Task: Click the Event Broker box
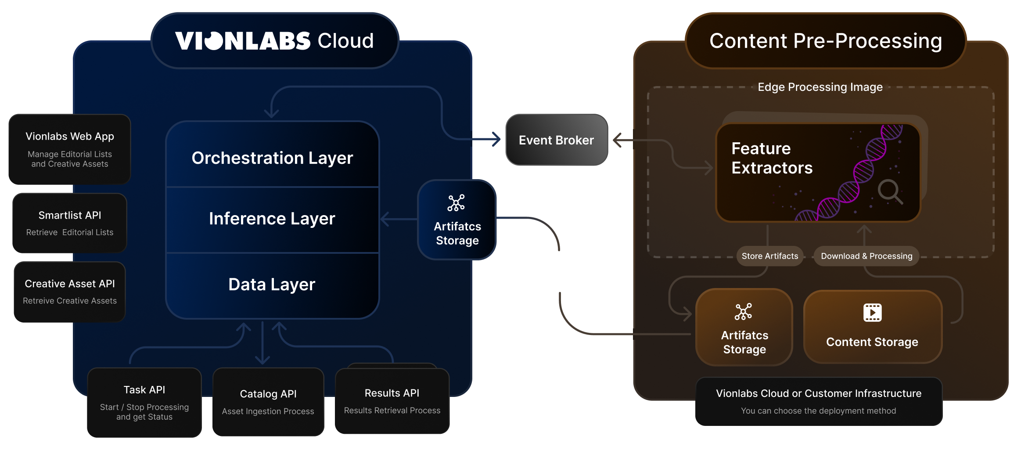pyautogui.click(x=556, y=140)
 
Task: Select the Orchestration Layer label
pyautogui.click(x=272, y=158)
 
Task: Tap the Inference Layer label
pyautogui.click(x=272, y=218)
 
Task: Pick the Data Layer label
pyautogui.click(x=272, y=285)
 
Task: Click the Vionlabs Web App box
pyautogui.click(x=70, y=149)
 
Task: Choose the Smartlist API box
pyautogui.click(x=70, y=223)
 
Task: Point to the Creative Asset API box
pyautogui.click(x=70, y=292)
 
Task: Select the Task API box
pyautogui.click(x=144, y=402)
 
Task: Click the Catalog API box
pyautogui.click(x=268, y=402)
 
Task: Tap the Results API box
pyautogui.click(x=392, y=401)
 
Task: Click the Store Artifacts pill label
pyautogui.click(x=770, y=256)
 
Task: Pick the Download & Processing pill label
pyautogui.click(x=866, y=256)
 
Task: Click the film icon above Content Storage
pyautogui.click(x=872, y=313)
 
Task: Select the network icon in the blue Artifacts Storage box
pyautogui.click(x=456, y=203)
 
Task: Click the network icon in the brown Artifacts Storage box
pyautogui.click(x=743, y=312)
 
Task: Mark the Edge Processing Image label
pyautogui.click(x=820, y=87)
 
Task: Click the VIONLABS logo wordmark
pyautogui.click(x=243, y=41)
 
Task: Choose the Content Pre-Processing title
pyautogui.click(x=826, y=41)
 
